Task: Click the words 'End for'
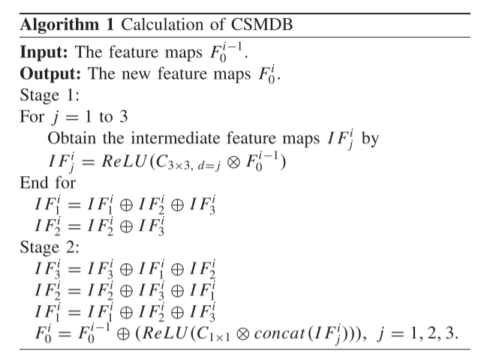tap(44, 181)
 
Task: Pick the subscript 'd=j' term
tap(199, 164)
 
